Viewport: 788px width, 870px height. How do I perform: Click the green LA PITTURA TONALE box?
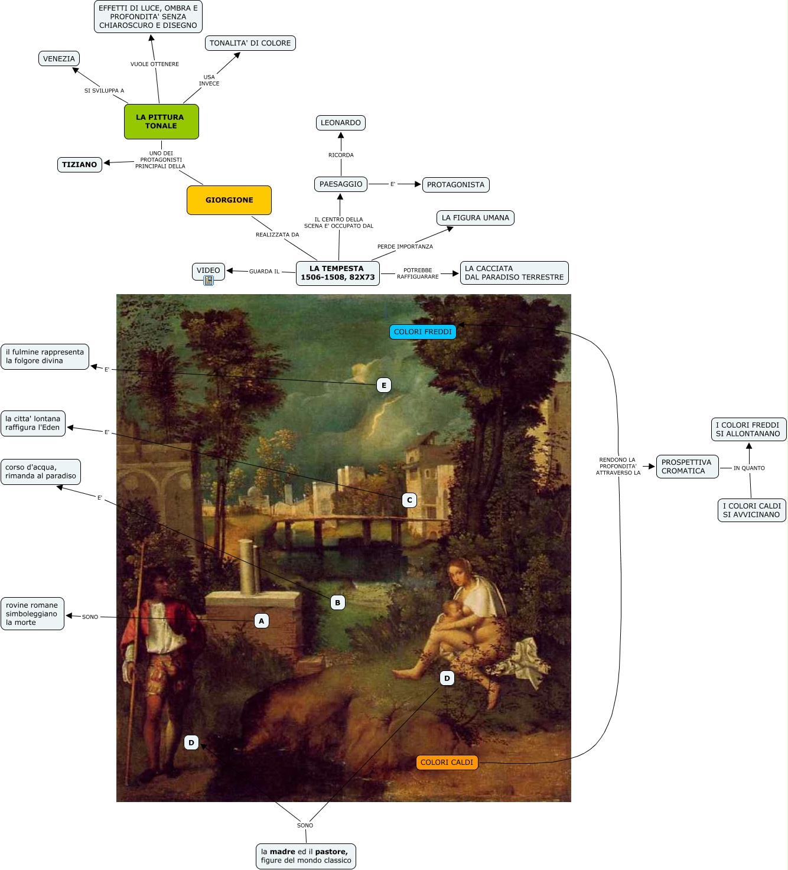[161, 122]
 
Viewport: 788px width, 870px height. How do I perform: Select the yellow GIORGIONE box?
[229, 200]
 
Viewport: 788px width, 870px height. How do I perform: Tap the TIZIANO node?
[80, 165]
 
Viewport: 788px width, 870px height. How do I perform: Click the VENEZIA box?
[59, 58]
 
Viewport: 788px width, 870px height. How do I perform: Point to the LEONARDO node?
[341, 123]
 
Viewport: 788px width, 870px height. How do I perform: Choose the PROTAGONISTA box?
[455, 185]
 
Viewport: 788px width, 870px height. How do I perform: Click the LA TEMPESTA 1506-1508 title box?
[337, 273]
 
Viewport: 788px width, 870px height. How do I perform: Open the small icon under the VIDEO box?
[209, 281]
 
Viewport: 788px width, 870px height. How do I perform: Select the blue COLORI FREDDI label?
[422, 332]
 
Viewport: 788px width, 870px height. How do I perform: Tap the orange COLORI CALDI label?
[447, 763]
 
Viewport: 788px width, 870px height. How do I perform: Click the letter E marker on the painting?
[384, 386]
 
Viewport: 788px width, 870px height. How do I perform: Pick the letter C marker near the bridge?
[409, 500]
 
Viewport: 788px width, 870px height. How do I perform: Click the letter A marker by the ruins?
[262, 621]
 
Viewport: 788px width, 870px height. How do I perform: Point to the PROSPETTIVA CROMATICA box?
[687, 467]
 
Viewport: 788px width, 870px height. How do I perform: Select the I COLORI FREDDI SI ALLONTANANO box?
[748, 429]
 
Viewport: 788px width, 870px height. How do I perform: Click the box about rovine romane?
[32, 614]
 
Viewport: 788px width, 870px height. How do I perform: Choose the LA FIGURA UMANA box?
[475, 218]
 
